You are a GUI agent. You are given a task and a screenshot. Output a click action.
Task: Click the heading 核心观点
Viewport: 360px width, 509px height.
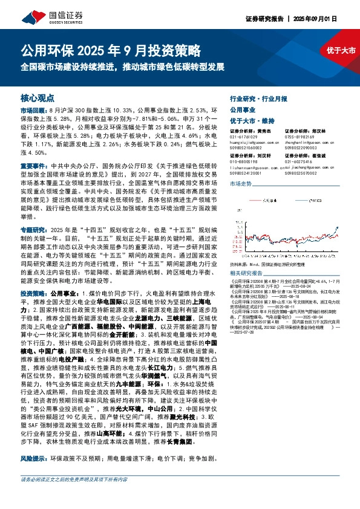[38, 97]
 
